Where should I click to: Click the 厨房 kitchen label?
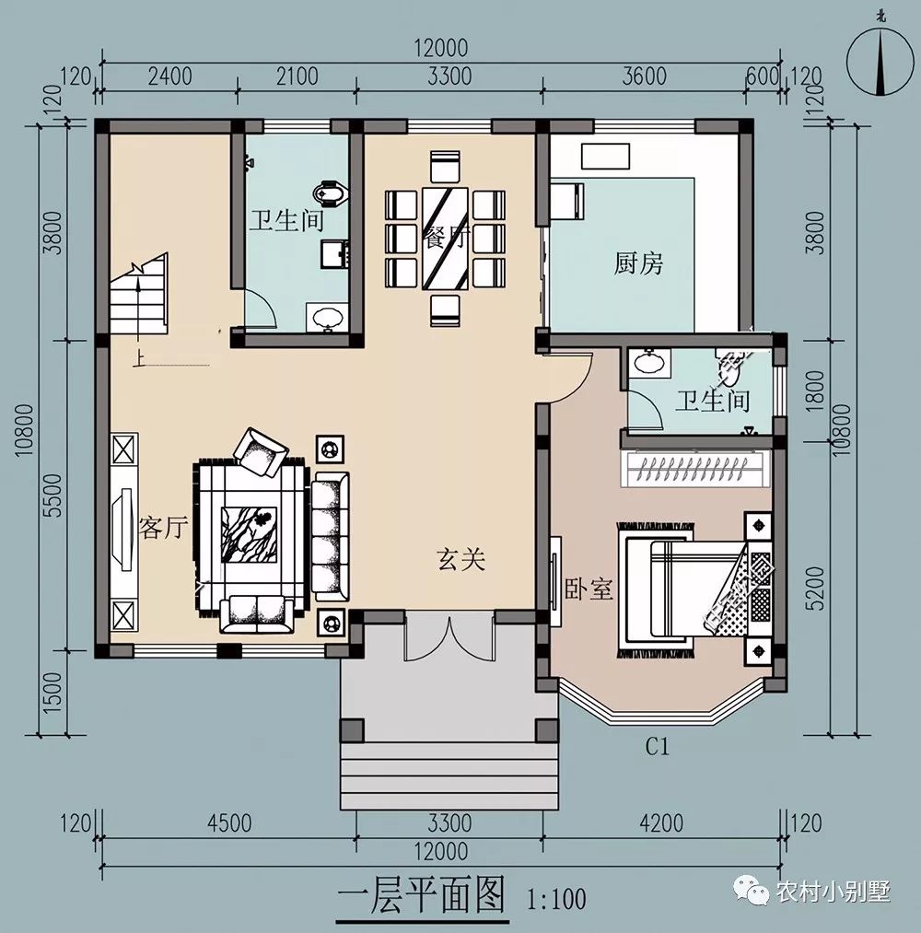pos(638,264)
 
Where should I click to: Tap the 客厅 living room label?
pos(163,528)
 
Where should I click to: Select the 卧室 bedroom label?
pos(589,589)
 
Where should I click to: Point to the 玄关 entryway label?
pos(460,558)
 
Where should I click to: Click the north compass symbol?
pos(882,60)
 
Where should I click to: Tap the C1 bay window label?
pos(656,747)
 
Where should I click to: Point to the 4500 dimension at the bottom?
pos(227,822)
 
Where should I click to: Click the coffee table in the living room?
pos(250,533)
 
